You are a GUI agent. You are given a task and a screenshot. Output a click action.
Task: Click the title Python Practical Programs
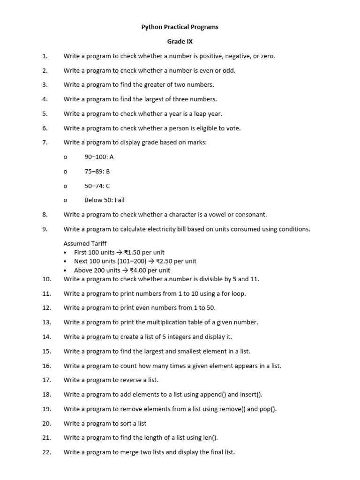point(180,27)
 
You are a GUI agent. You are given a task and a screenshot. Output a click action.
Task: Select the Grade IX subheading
point(180,42)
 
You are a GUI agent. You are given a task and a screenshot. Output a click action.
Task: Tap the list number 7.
point(45,142)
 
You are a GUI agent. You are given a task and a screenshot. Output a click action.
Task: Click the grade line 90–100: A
point(99,157)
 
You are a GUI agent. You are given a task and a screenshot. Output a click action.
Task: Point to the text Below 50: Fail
point(105,200)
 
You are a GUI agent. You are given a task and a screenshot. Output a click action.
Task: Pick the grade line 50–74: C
point(97,186)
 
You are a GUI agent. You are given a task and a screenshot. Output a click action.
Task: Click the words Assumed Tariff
point(85,243)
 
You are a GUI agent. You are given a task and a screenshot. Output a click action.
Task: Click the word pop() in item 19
point(268,409)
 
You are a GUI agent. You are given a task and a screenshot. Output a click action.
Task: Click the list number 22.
point(46,452)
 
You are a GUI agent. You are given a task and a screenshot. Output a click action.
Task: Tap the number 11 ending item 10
point(255,279)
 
